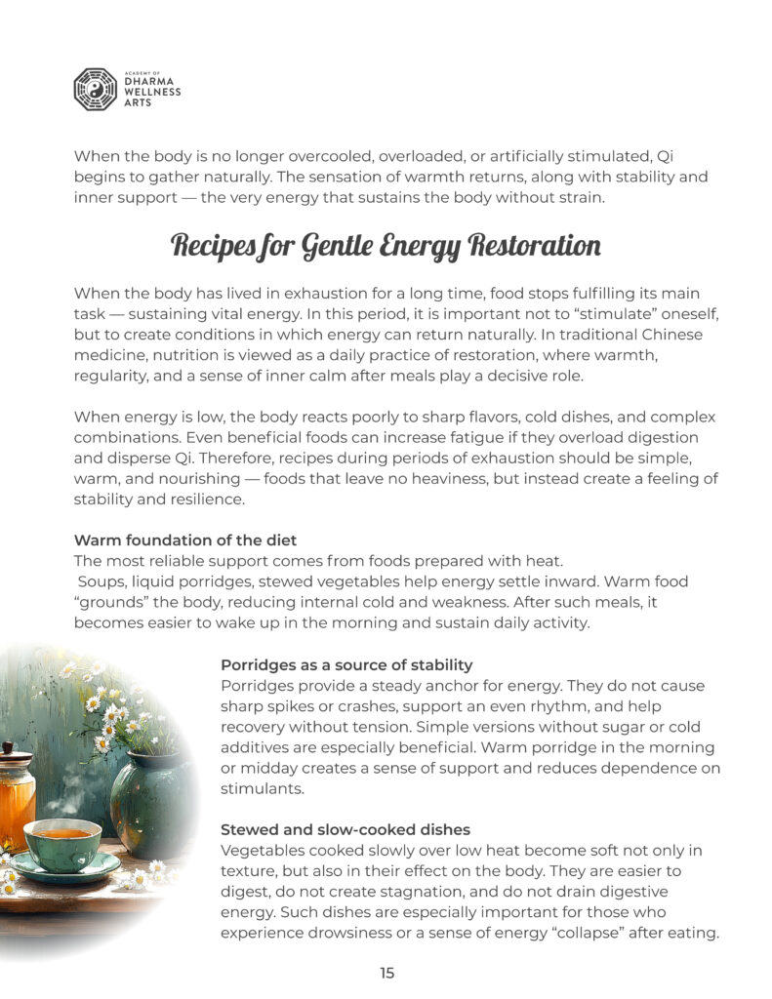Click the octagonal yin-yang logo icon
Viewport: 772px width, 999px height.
[x=96, y=89]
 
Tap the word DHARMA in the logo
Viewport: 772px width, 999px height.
[x=147, y=82]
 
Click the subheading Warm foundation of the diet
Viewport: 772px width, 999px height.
[x=185, y=540]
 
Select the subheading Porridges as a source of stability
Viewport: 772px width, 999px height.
[x=346, y=664]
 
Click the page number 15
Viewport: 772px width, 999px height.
[x=386, y=973]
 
